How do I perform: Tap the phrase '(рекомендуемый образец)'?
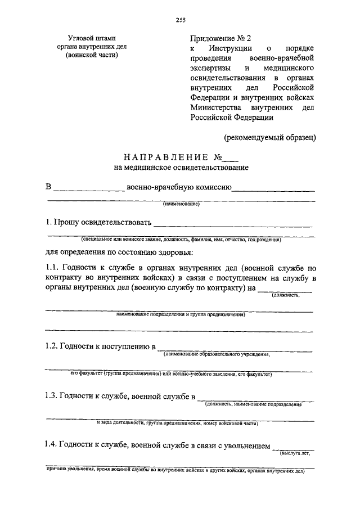click(x=270, y=137)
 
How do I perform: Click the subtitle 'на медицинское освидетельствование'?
click(x=181, y=167)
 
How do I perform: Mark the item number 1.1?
click(x=53, y=269)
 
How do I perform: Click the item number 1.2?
click(x=53, y=345)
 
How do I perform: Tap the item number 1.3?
click(x=53, y=396)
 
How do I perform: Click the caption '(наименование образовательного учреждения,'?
click(x=217, y=354)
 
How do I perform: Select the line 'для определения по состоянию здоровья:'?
click(x=119, y=251)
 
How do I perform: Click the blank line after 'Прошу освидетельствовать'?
click(x=232, y=226)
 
